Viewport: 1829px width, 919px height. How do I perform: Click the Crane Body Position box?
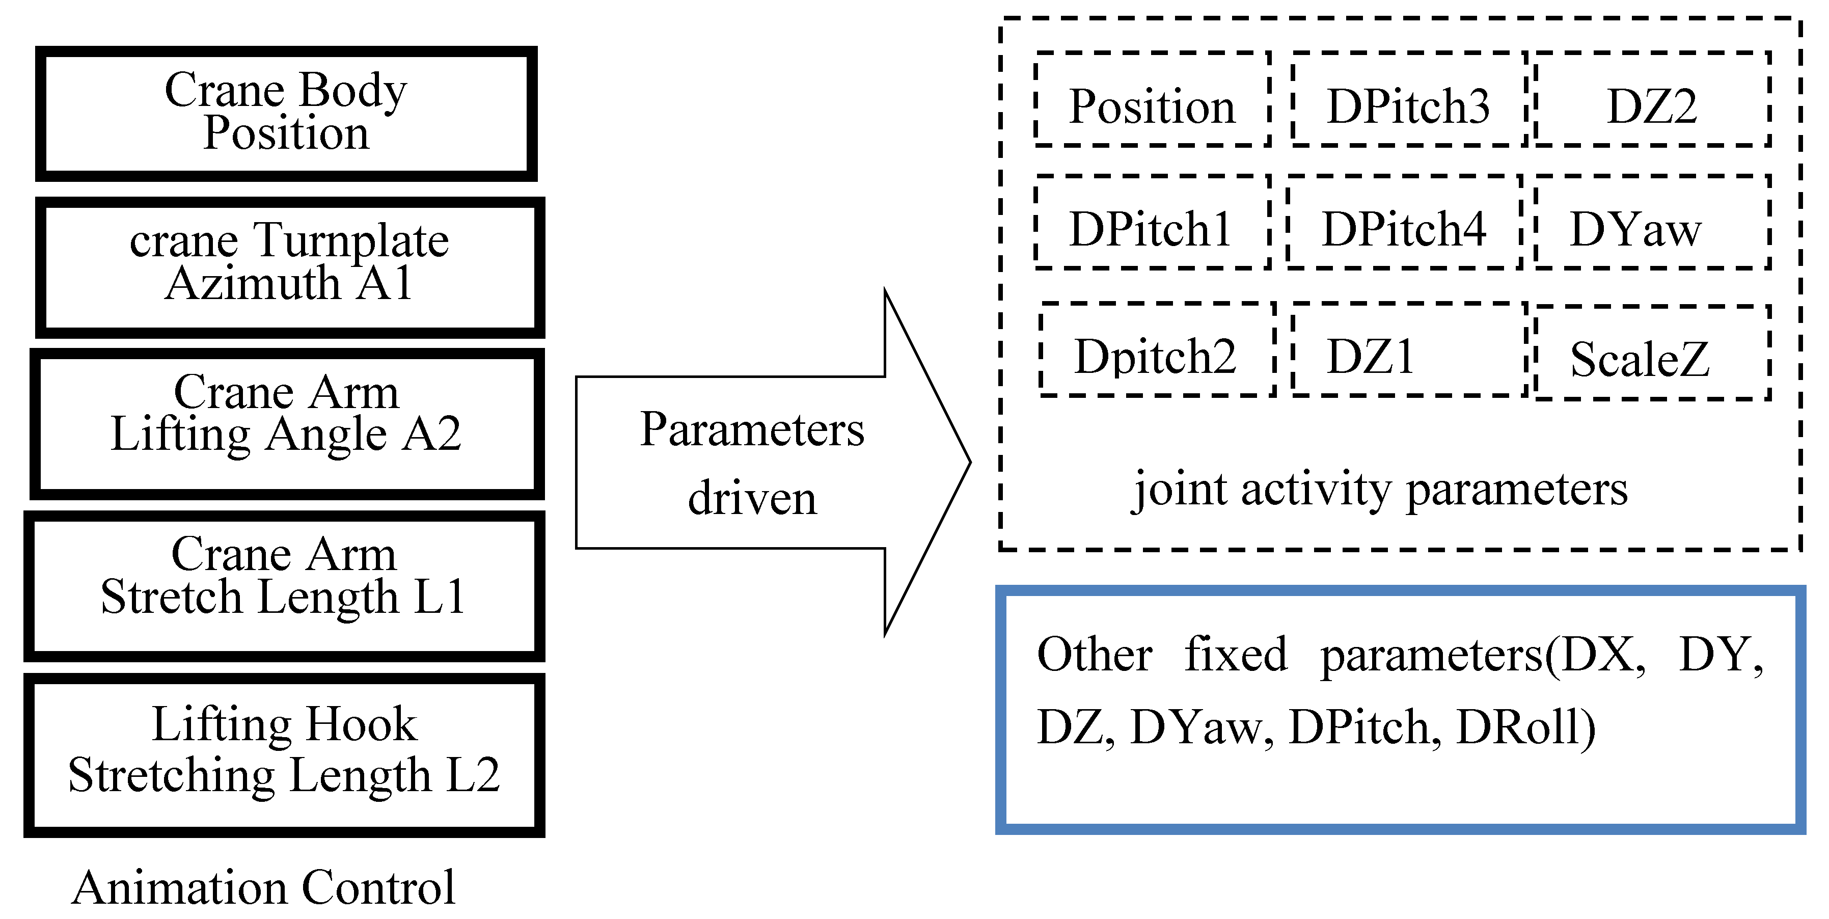pyautogui.click(x=286, y=112)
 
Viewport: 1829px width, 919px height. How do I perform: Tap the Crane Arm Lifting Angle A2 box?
pyautogui.click(x=287, y=423)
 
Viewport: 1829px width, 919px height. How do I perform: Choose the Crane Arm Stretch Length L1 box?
pyautogui.click(x=284, y=585)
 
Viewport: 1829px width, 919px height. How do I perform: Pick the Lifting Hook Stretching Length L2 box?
pyautogui.click(x=284, y=754)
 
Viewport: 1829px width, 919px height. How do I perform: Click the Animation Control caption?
pyautogui.click(x=263, y=888)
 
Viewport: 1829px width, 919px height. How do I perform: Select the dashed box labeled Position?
pyautogui.click(x=1152, y=99)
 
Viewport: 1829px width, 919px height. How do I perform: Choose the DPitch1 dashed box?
pyautogui.click(x=1151, y=222)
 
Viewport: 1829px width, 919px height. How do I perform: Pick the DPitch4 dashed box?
pyautogui.click(x=1404, y=222)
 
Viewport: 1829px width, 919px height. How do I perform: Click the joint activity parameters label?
pyautogui.click(x=1380, y=490)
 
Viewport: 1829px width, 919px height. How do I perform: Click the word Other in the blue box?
pyautogui.click(x=1094, y=654)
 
